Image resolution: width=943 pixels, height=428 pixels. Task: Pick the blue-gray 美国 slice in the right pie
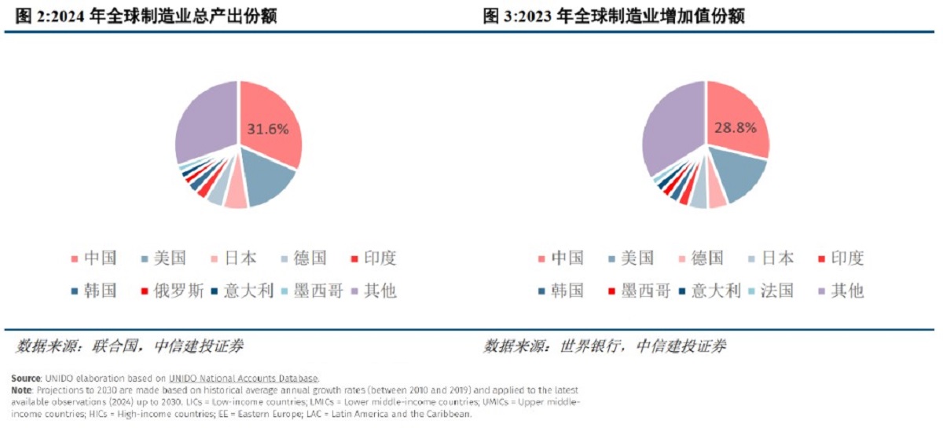(739, 177)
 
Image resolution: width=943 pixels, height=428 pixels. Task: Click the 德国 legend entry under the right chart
(706, 258)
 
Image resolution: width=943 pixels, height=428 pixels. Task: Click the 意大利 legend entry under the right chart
(716, 291)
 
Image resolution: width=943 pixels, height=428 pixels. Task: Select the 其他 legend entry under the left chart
(380, 291)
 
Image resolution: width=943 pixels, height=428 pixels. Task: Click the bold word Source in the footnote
(26, 378)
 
